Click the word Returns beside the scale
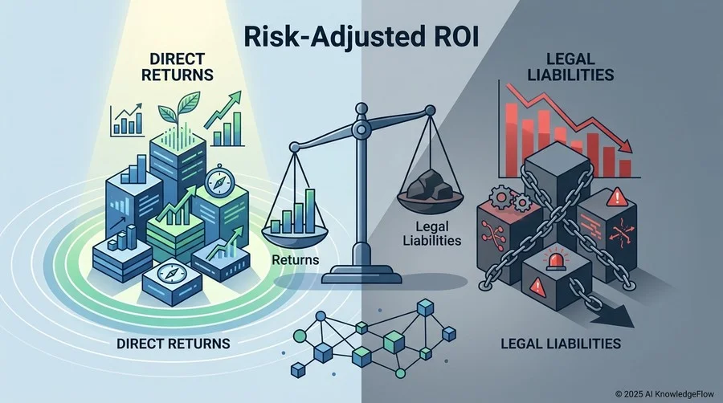pyautogui.click(x=295, y=260)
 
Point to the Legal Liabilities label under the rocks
pyautogui.click(x=432, y=234)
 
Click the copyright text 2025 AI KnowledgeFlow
pyautogui.click(x=664, y=394)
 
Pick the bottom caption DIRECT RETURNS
pyautogui.click(x=173, y=344)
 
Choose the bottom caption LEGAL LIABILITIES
pyautogui.click(x=560, y=343)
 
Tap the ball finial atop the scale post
pyautogui.click(x=361, y=108)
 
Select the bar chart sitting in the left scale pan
pyautogui.click(x=294, y=211)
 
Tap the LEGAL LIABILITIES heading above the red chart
pyautogui.click(x=570, y=67)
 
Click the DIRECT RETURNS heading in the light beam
pyautogui.click(x=177, y=67)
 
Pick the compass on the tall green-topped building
pyautogui.click(x=216, y=181)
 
